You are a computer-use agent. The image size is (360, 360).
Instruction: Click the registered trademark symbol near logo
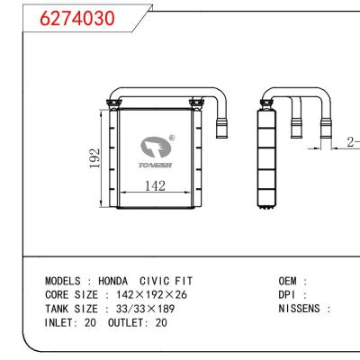(172, 139)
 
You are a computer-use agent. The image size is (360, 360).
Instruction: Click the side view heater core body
(265, 153)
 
